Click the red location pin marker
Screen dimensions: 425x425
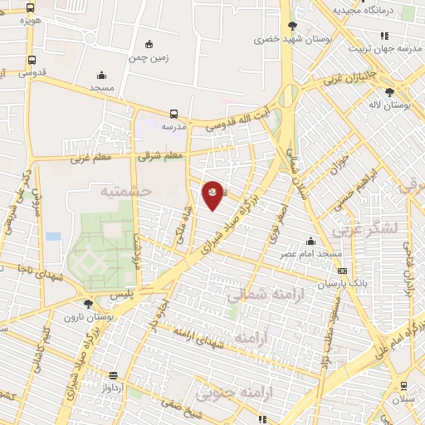[x=213, y=194]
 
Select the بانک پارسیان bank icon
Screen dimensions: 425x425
[x=342, y=271]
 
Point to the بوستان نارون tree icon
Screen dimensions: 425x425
[x=88, y=304]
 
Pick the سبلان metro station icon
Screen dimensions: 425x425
[x=403, y=385]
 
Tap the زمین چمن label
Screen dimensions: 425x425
[x=149, y=58]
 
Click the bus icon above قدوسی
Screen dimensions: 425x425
[x=32, y=60]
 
